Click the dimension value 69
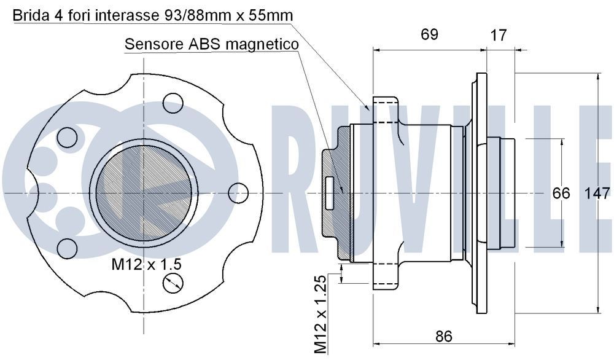coord(429,34)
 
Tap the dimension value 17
coord(499,35)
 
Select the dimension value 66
coord(561,194)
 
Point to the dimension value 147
coord(597,194)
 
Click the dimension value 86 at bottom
coord(443,336)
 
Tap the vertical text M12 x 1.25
coord(320,314)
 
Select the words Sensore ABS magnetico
coord(211,44)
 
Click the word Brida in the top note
coord(29,15)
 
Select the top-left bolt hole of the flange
coord(66,136)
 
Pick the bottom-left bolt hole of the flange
coord(67,248)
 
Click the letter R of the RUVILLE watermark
coord(307,178)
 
